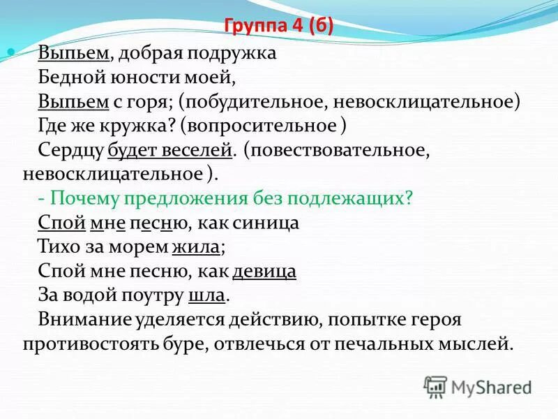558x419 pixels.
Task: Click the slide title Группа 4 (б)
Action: [279, 27]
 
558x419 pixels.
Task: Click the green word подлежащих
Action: [356, 198]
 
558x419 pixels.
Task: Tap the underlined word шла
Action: [207, 295]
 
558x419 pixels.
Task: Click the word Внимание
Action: [82, 319]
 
